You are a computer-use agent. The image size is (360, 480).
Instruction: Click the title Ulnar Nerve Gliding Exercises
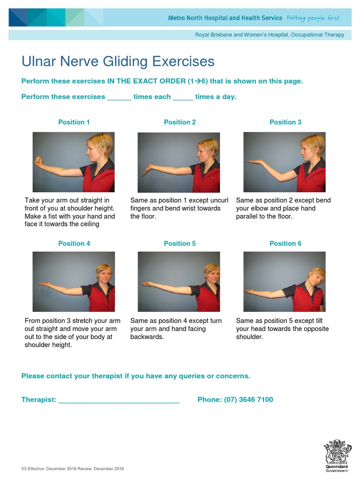pyautogui.click(x=118, y=61)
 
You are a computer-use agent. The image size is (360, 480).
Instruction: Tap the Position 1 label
pyautogui.click(x=74, y=122)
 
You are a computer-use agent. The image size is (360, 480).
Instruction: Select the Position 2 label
pyautogui.click(x=180, y=122)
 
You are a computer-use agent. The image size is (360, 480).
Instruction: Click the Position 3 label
pyautogui.click(x=285, y=122)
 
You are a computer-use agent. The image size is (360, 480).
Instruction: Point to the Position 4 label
pyautogui.click(x=74, y=243)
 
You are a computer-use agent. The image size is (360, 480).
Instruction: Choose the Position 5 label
pyautogui.click(x=180, y=243)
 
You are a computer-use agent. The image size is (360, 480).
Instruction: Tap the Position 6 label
pyautogui.click(x=285, y=243)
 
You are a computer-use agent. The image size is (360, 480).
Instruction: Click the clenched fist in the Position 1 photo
pyautogui.click(x=39, y=161)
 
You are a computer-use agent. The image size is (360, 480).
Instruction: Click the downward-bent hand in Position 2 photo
pyautogui.click(x=146, y=171)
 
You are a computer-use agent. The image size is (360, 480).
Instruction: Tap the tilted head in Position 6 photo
pyautogui.click(x=316, y=279)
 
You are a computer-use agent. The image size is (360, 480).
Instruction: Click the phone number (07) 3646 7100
pyautogui.click(x=248, y=399)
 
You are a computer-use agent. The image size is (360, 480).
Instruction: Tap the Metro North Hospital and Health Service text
pyautogui.click(x=225, y=18)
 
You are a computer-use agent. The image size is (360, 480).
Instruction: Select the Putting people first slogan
pyautogui.click(x=313, y=18)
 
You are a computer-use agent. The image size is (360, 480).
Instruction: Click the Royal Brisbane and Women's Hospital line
pyautogui.click(x=269, y=35)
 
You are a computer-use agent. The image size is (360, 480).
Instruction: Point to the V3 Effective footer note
pyautogui.click(x=73, y=469)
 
